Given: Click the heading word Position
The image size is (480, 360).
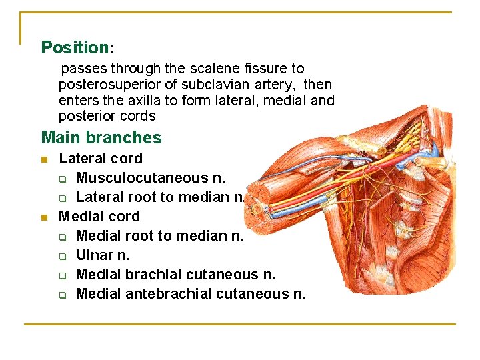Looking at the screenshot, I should point(75,47).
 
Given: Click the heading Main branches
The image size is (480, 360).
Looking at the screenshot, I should point(101,138).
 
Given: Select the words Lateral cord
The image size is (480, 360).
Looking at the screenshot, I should point(101,159).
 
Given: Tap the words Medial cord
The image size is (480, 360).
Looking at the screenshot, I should point(99,217).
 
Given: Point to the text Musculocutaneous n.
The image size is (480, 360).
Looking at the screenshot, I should point(151,178).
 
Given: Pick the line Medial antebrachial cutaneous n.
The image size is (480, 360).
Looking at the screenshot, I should point(191,294).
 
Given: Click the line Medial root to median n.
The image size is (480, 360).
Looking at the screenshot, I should point(160,236).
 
